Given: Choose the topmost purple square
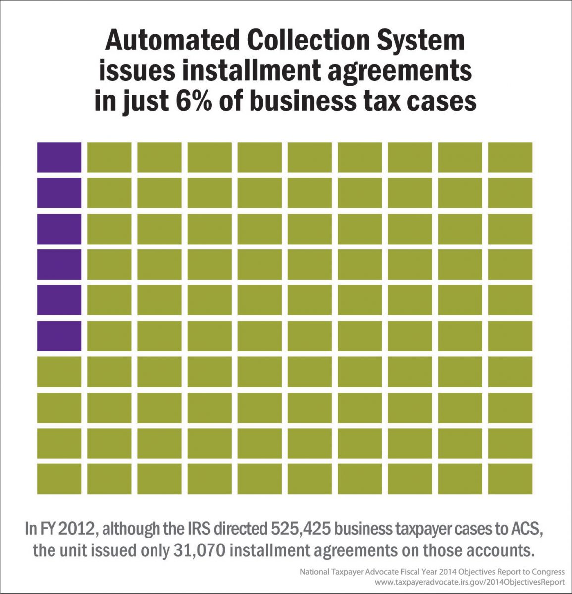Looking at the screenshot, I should tap(59, 157).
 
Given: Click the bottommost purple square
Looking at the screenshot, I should tap(59, 336).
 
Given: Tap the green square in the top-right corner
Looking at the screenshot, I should tap(510, 157).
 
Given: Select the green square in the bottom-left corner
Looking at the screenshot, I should tap(59, 479).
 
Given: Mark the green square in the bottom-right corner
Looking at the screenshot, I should tap(510, 479).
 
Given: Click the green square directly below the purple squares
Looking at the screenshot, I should tap(59, 371).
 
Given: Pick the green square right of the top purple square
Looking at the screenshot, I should tap(109, 157).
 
